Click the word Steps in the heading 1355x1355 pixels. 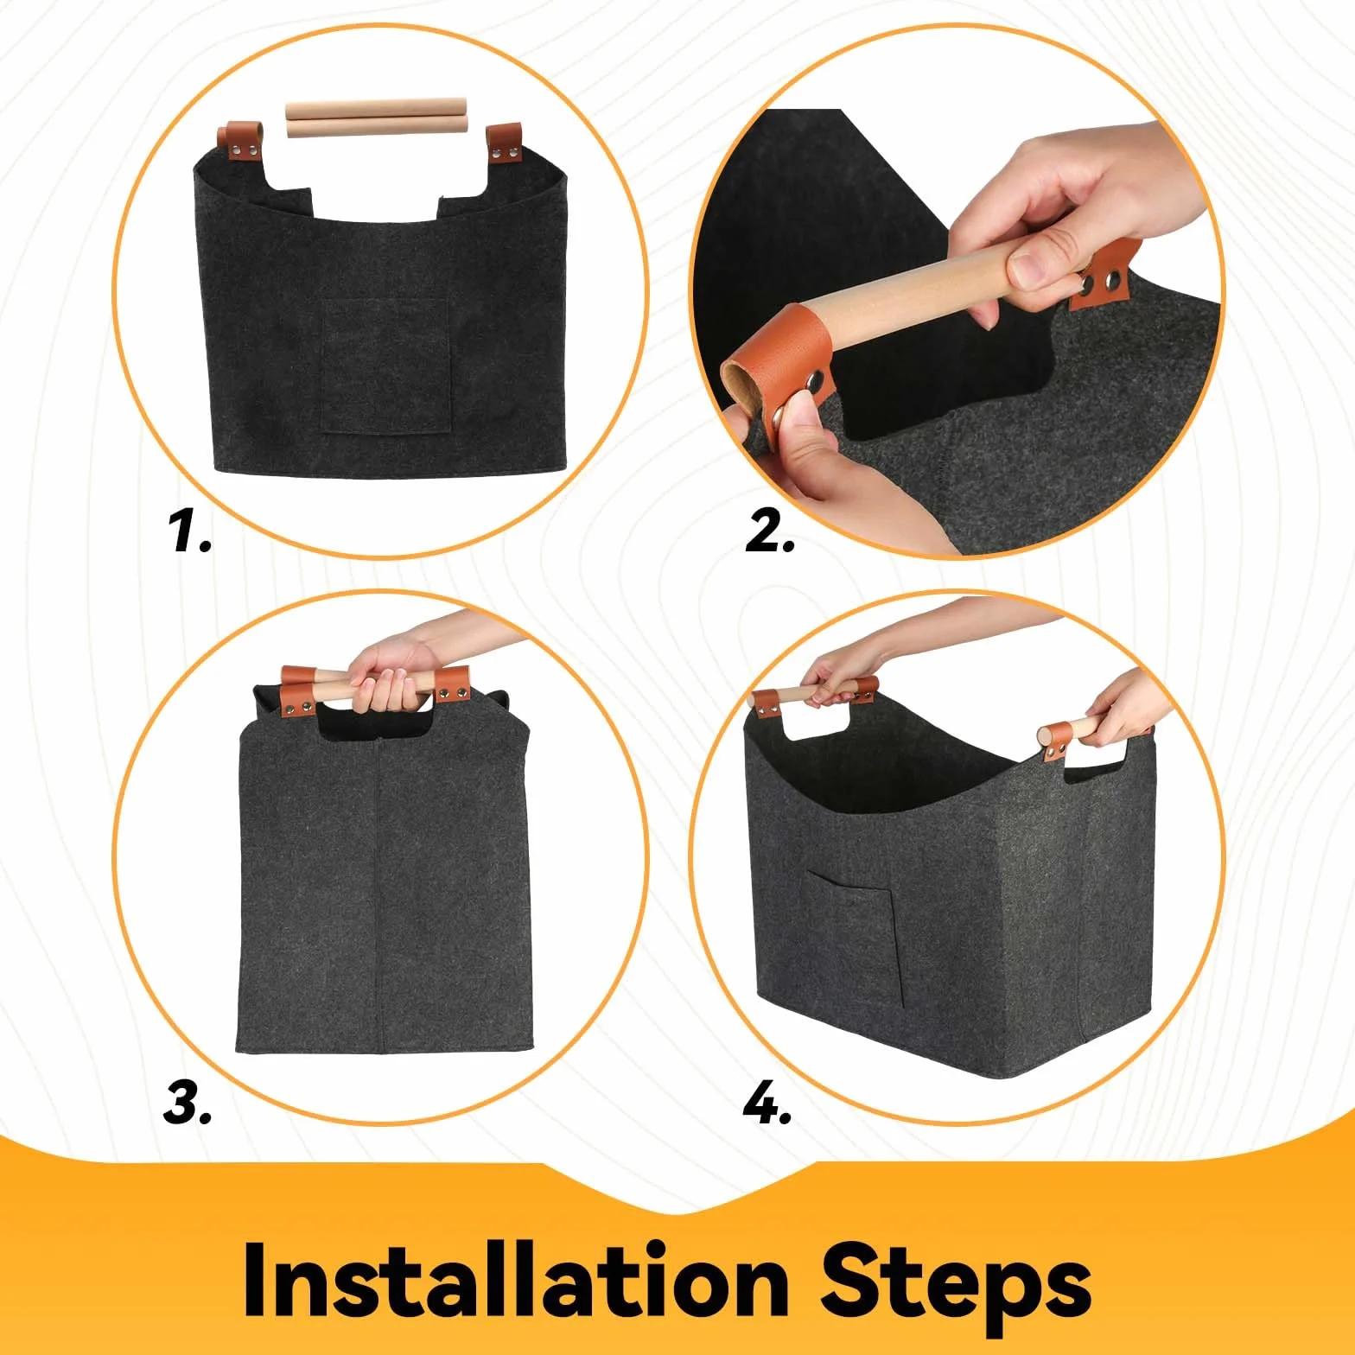[956, 1288]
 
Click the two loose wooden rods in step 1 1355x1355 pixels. [377, 118]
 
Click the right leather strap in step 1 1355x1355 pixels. [505, 143]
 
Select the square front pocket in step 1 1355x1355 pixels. [386, 366]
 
